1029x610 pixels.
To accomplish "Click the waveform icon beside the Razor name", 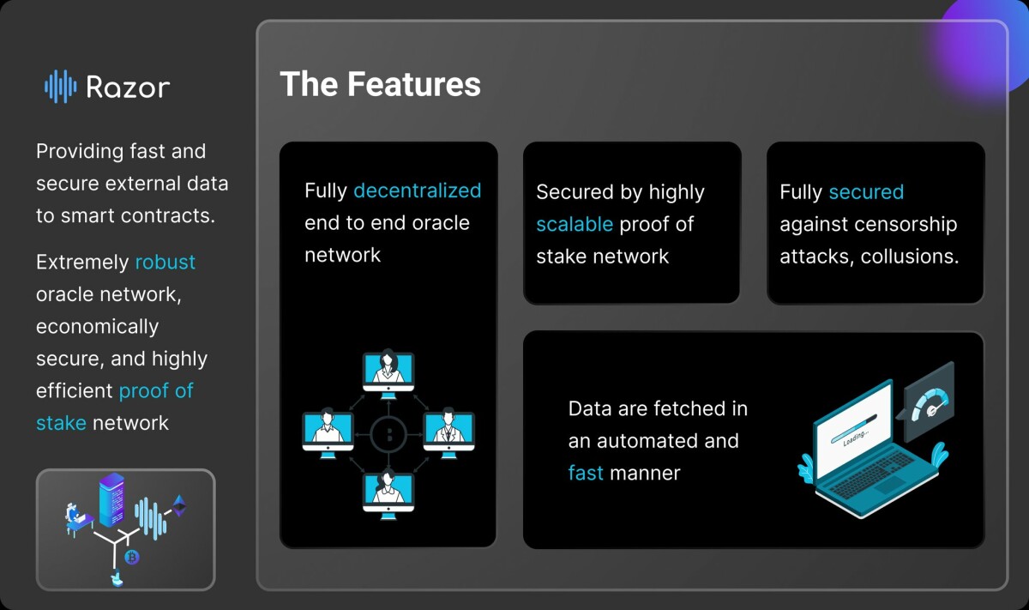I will (x=60, y=86).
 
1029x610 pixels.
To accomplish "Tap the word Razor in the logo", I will (x=128, y=87).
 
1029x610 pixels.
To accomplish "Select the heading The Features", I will (x=380, y=84).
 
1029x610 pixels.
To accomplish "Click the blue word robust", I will (x=165, y=262).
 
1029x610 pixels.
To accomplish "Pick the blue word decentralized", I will (x=417, y=190).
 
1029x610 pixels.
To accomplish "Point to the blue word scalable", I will (x=575, y=224).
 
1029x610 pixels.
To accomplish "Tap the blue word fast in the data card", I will (x=586, y=473).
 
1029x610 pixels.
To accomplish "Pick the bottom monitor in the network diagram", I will (x=388, y=492).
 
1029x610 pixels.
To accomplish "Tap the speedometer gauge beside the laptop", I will (x=928, y=400).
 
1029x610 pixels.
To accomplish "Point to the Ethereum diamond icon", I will (x=179, y=505).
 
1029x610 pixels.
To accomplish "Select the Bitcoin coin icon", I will (x=132, y=558).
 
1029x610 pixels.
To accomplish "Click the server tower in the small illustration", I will (x=111, y=502).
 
